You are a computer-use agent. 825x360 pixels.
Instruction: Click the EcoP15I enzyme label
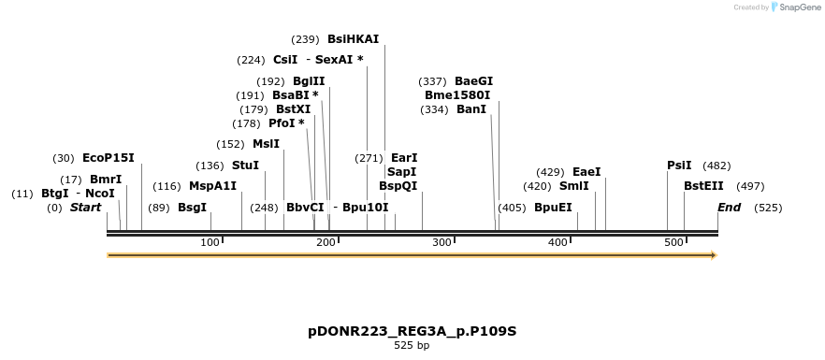point(109,158)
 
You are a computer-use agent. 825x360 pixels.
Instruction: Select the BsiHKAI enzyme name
point(353,39)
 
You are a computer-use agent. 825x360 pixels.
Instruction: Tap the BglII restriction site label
point(309,81)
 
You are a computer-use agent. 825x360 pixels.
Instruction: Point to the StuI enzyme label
point(245,166)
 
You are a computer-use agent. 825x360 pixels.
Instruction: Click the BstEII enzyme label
point(703,186)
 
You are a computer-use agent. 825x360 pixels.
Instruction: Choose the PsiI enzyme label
point(679,166)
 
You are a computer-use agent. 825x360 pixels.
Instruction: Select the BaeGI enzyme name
point(473,81)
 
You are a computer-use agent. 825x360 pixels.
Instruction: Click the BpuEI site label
point(553,208)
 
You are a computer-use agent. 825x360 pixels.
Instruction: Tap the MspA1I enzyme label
point(212,186)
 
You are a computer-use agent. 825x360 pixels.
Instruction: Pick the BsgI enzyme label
point(192,208)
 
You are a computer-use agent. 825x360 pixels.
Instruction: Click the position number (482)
point(716,166)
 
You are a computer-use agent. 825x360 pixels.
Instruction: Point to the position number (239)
point(306,39)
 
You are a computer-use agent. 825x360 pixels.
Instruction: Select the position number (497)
point(750,186)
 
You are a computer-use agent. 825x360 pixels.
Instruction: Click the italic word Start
point(85,208)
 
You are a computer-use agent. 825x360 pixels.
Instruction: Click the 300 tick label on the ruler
point(442,243)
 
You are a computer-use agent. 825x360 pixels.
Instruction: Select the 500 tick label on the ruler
point(673,243)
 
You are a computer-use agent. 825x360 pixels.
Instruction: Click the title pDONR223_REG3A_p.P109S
point(412,331)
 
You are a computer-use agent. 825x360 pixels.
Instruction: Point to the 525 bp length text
point(412,346)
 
